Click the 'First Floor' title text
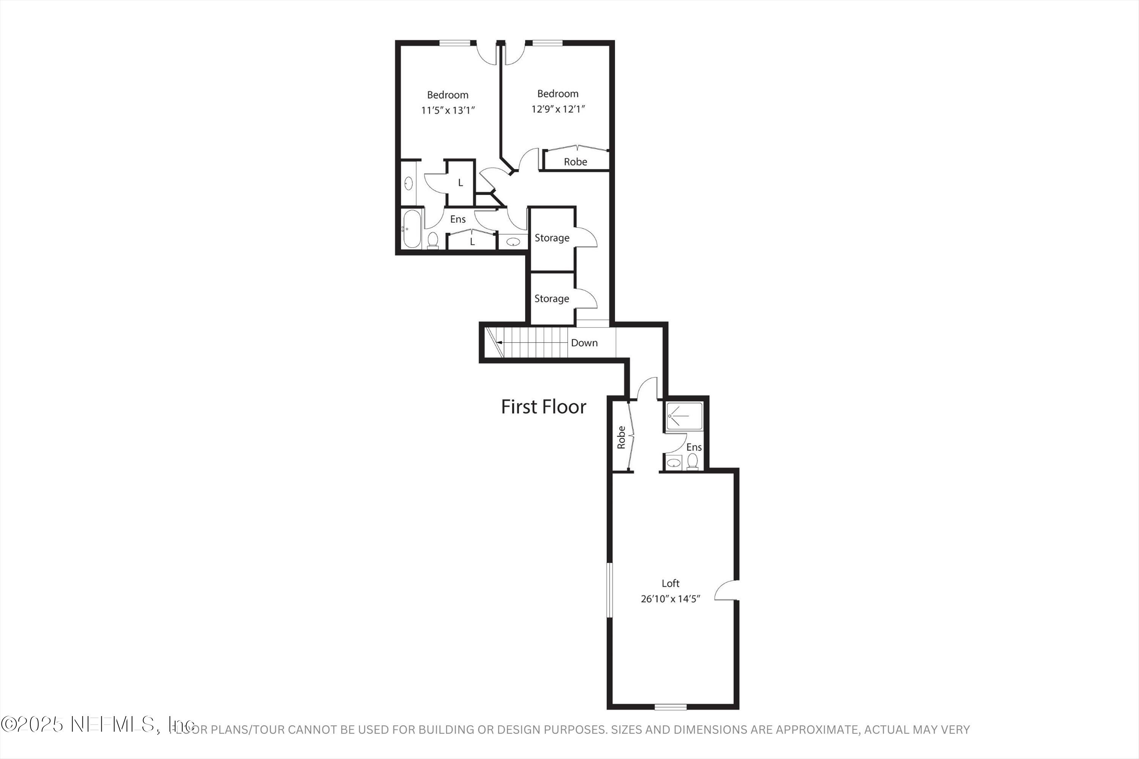click(x=543, y=406)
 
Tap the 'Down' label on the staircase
click(x=584, y=343)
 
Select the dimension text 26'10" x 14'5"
click(x=670, y=599)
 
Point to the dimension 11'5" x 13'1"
click(x=448, y=110)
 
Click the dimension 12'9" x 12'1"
click(x=558, y=109)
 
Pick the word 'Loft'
click(x=670, y=583)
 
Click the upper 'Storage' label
click(x=552, y=238)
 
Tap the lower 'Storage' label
click(x=552, y=299)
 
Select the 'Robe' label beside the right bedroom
click(x=575, y=162)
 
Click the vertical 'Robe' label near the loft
click(x=621, y=437)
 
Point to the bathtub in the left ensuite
click(x=412, y=229)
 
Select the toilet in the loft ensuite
click(x=693, y=461)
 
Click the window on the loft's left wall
click(x=610, y=590)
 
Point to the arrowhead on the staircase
click(x=499, y=343)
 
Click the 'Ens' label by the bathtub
click(x=457, y=219)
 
